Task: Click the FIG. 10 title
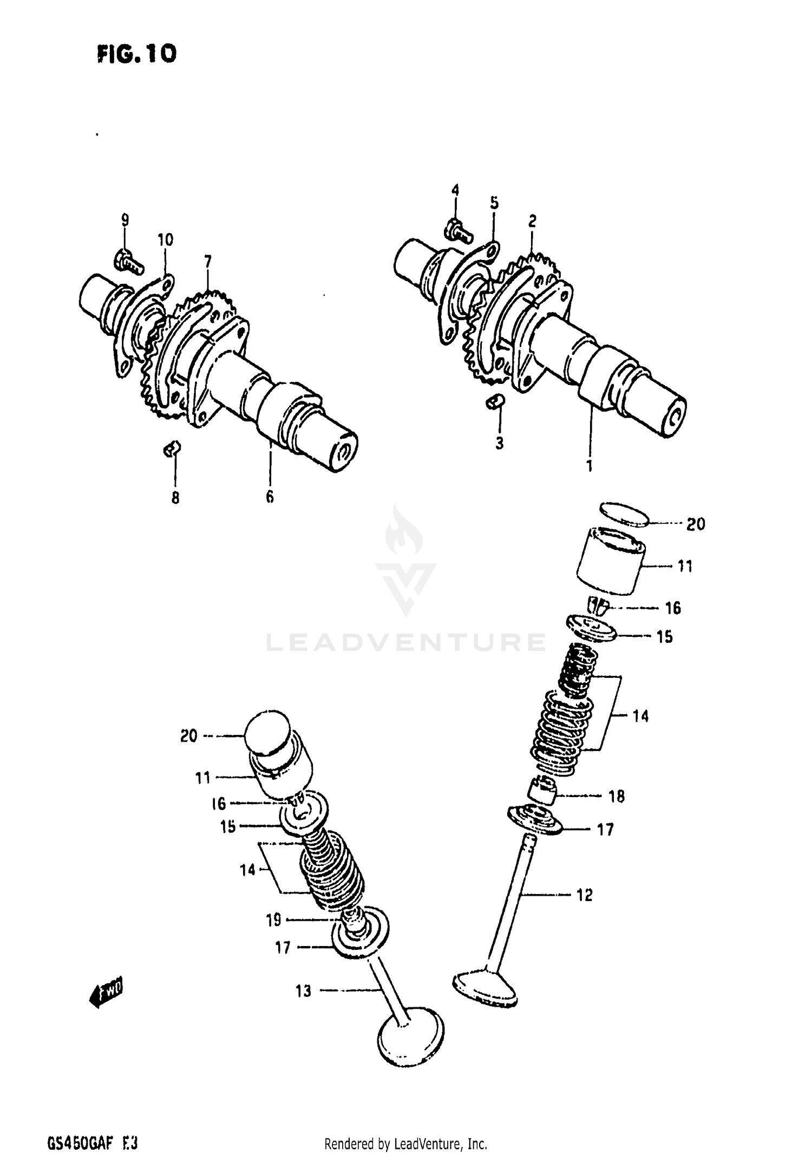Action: pos(136,54)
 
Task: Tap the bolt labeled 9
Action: pos(128,262)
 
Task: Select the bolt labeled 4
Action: pos(458,231)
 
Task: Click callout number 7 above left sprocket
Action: pos(208,262)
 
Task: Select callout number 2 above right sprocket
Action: pos(532,221)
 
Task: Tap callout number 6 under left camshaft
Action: pos(270,497)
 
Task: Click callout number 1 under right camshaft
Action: pos(590,466)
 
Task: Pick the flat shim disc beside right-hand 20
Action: pos(625,513)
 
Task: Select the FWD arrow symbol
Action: pos(106,990)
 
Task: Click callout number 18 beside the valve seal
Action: pos(617,796)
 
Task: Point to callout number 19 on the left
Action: pos(273,920)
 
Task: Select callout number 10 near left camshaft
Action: pos(165,239)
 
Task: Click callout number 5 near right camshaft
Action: pos(494,203)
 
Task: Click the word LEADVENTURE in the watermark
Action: pos(406,642)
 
